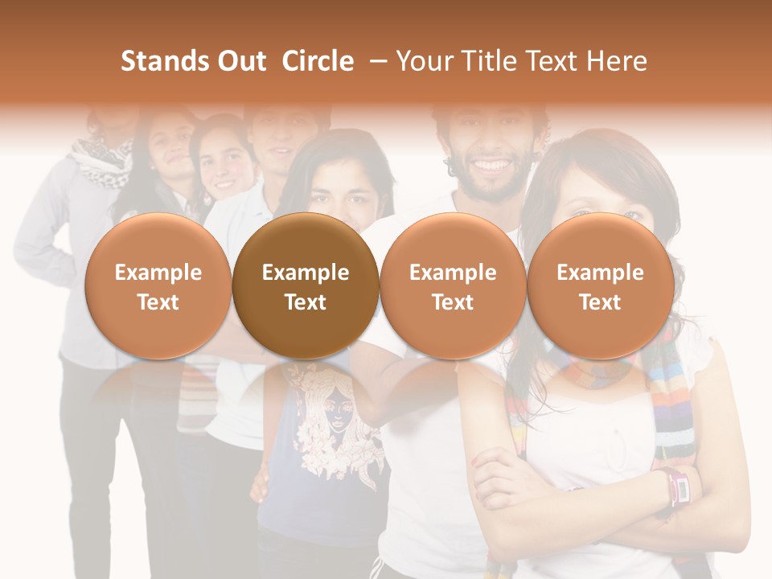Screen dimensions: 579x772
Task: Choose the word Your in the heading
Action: [x=425, y=61]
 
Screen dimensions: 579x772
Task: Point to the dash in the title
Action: [x=376, y=61]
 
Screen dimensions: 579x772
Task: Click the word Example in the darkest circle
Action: [x=306, y=273]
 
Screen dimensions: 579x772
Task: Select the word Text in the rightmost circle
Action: [x=600, y=302]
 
